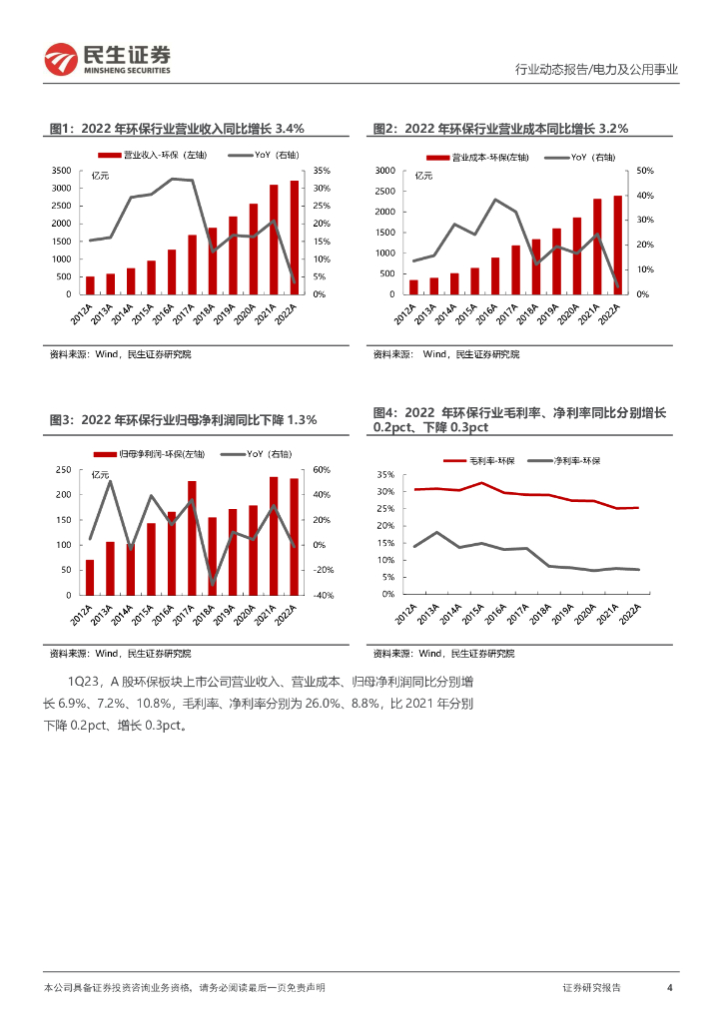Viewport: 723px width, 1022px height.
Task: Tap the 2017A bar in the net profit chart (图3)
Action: point(192,538)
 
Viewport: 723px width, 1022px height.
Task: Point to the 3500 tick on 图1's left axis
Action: point(61,171)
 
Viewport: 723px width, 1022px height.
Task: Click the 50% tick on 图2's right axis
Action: point(643,171)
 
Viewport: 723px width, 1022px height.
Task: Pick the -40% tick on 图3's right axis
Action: point(323,595)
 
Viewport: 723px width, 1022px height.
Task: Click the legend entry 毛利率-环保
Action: point(489,460)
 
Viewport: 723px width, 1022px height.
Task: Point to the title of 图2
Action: point(499,128)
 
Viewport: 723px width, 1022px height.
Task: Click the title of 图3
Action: point(183,420)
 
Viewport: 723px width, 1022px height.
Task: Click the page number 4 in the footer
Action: point(669,987)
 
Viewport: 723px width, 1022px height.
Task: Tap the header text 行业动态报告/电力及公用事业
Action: point(596,70)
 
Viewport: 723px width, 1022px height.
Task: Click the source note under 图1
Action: point(120,354)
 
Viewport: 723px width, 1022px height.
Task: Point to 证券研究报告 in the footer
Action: point(591,987)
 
